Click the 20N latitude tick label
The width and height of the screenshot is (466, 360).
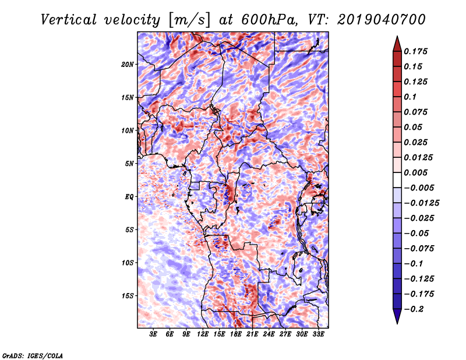pyautogui.click(x=128, y=64)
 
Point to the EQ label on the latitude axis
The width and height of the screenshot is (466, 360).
pyautogui.click(x=129, y=196)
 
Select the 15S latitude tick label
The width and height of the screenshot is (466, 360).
pyautogui.click(x=128, y=295)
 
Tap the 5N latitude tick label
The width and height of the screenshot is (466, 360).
pyautogui.click(x=129, y=163)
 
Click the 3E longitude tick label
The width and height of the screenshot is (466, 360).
pyautogui.click(x=154, y=334)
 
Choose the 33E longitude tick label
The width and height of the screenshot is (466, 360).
pyautogui.click(x=318, y=334)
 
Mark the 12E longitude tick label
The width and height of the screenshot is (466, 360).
pyautogui.click(x=203, y=334)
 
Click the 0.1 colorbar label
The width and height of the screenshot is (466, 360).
pyautogui.click(x=411, y=97)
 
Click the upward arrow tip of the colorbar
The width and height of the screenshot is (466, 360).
pyautogui.click(x=396, y=38)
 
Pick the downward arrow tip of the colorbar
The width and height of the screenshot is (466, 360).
pyautogui.click(x=396, y=322)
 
